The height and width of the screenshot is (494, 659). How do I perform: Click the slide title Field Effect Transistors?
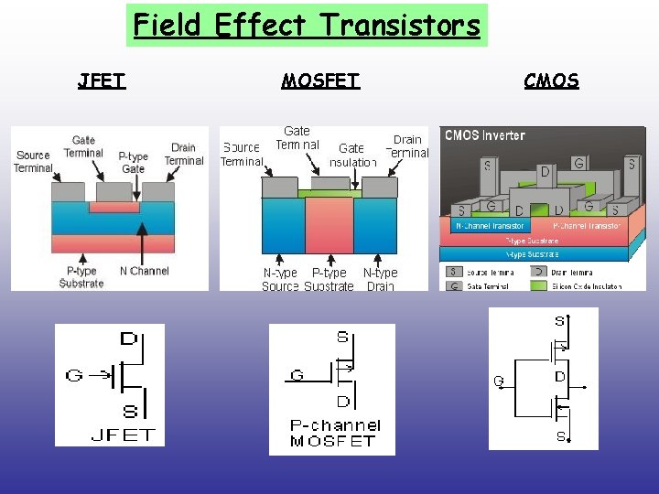[x=307, y=25]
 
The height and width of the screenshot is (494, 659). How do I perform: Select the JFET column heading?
[x=102, y=81]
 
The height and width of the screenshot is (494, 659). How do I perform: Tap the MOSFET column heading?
[x=320, y=81]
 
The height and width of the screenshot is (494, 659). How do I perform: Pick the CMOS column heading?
[x=551, y=81]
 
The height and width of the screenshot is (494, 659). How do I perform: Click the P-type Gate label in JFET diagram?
[x=134, y=163]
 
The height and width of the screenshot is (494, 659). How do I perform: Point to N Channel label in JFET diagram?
[x=145, y=271]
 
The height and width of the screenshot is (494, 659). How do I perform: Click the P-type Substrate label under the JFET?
[x=81, y=277]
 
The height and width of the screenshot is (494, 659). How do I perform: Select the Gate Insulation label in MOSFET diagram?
[x=352, y=155]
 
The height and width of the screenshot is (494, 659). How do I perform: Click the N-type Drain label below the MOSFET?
[x=380, y=279]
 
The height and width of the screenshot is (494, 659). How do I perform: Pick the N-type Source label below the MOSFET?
[x=280, y=279]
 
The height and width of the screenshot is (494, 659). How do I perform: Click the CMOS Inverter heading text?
[x=485, y=135]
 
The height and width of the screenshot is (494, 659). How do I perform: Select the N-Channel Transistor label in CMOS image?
[x=491, y=225]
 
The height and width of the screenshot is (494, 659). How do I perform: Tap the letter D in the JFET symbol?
[x=129, y=339]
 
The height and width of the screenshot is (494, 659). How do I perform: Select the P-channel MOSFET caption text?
[x=334, y=433]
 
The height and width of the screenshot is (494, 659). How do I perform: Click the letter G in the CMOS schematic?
[x=499, y=380]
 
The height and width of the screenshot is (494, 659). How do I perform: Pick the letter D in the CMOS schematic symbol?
[x=559, y=377]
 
